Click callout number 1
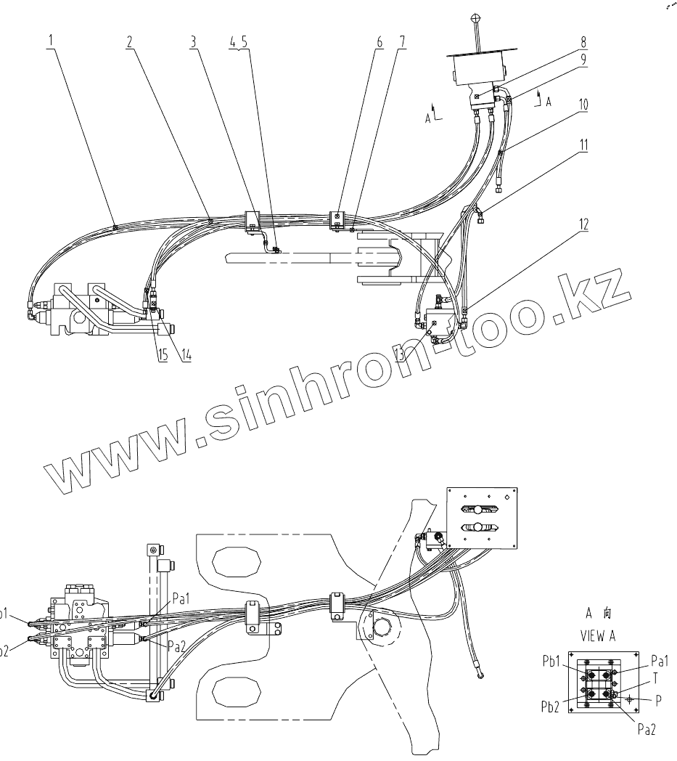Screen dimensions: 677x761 tap(51, 41)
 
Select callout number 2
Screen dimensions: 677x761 tap(129, 41)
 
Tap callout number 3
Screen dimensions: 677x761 tap(193, 41)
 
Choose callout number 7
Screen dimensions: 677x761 tap(401, 41)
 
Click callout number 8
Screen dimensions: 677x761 tap(583, 41)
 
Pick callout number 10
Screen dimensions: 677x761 tap(583, 105)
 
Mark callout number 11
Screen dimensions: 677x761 tap(583, 145)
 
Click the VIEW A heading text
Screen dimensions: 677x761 tap(597, 635)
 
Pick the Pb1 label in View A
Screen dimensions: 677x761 tap(554, 662)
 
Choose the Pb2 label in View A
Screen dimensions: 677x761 tap(554, 704)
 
